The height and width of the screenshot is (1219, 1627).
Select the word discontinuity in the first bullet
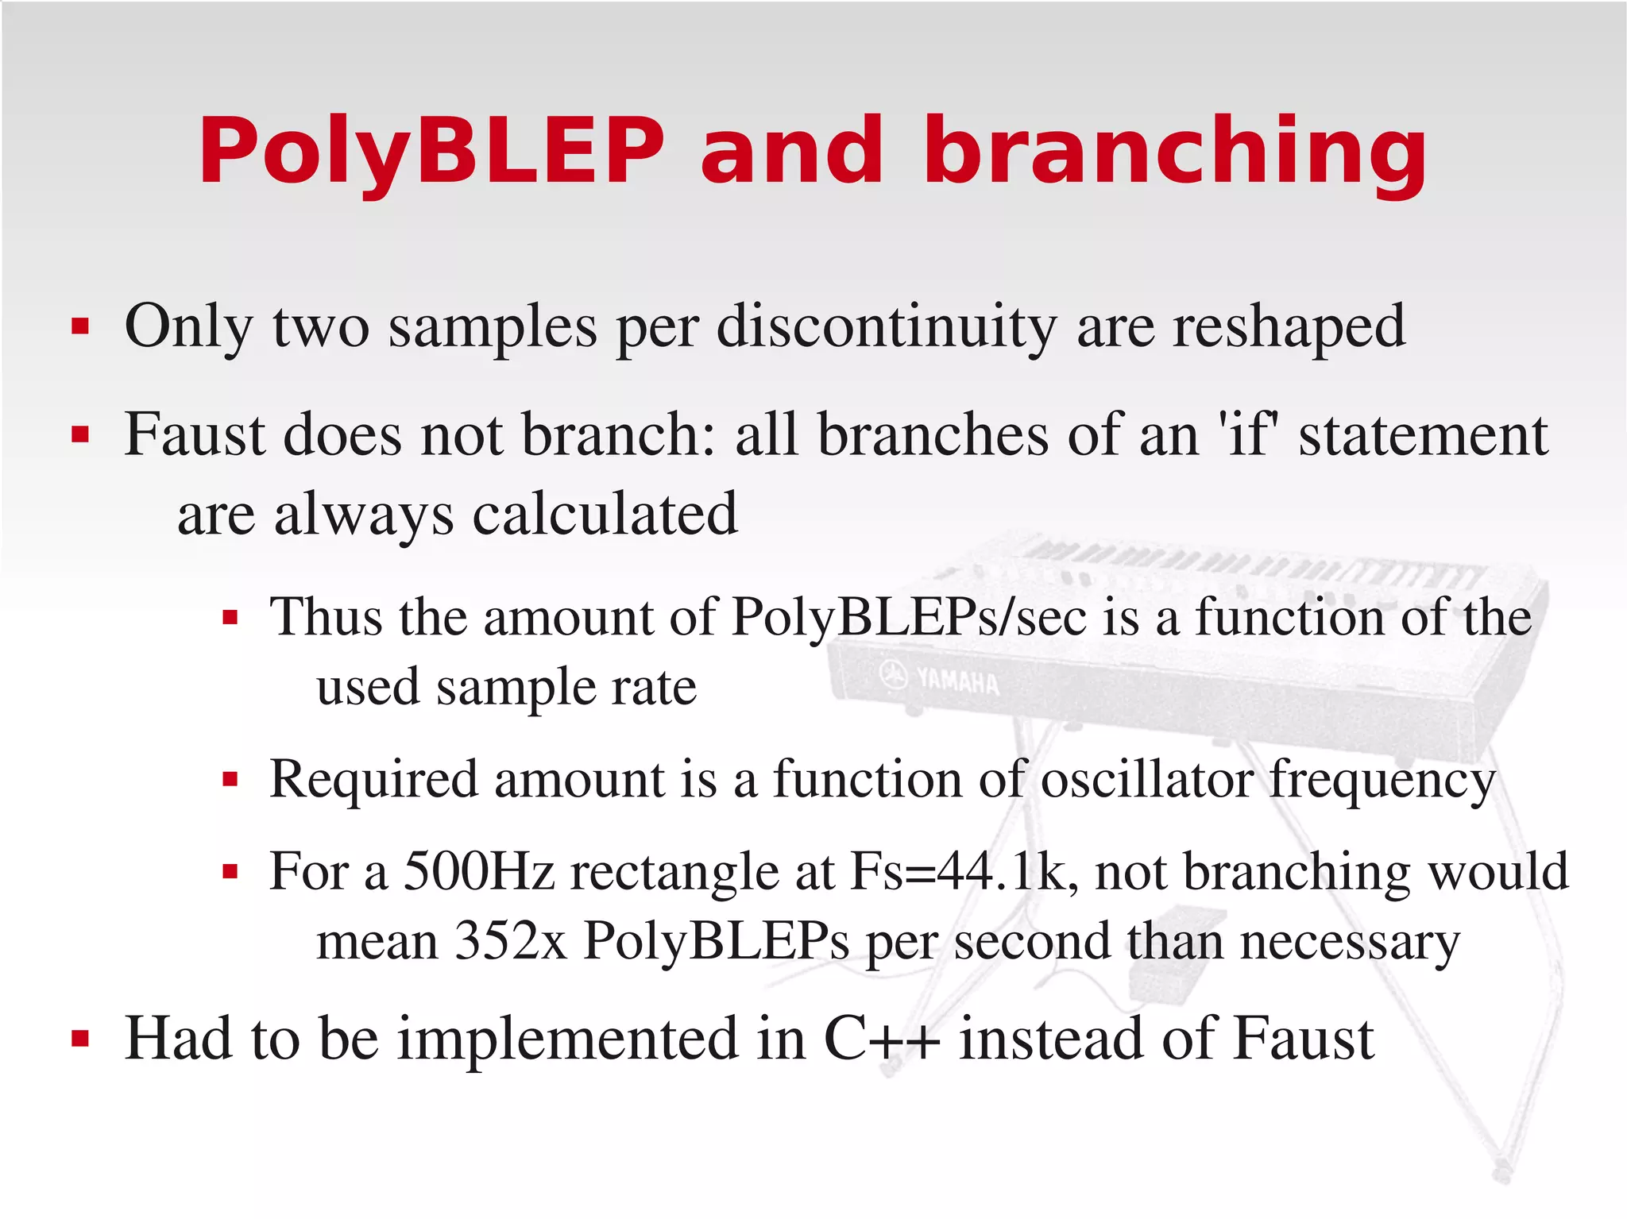click(887, 326)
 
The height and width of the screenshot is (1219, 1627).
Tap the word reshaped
click(1289, 326)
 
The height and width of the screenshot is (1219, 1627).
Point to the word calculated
click(605, 514)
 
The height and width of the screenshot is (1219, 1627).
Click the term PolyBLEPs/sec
click(908, 616)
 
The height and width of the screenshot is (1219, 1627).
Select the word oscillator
click(1146, 779)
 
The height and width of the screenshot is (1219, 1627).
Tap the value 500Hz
click(478, 871)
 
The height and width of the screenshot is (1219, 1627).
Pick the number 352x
click(510, 942)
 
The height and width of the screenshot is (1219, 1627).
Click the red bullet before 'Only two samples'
click(79, 326)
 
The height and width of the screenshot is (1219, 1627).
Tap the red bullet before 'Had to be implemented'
click(79, 1038)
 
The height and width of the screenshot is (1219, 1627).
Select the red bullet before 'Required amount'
click(230, 780)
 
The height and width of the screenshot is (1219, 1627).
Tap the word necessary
click(1350, 942)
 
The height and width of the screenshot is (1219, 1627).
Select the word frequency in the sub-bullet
click(1382, 781)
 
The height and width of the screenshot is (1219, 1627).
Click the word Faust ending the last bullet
click(1304, 1038)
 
